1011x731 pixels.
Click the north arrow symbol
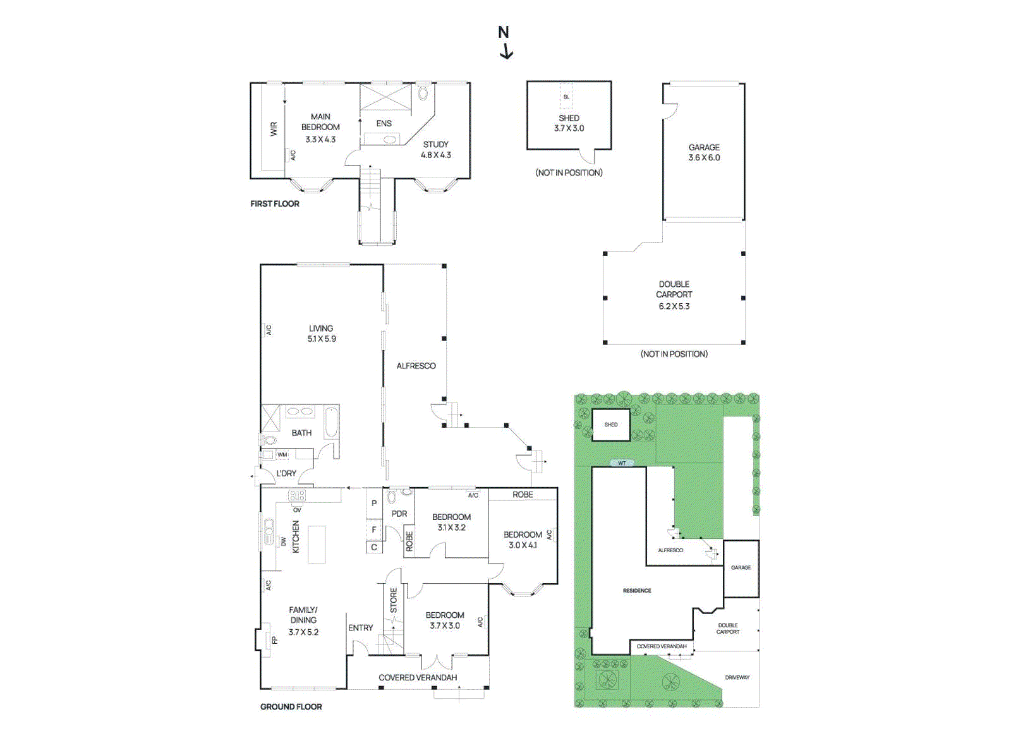point(505,42)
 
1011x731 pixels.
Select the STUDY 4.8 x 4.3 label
point(436,150)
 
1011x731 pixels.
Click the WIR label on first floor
point(274,129)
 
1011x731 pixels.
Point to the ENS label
point(384,124)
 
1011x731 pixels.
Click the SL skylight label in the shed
point(566,97)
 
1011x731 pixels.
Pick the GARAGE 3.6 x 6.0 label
point(704,152)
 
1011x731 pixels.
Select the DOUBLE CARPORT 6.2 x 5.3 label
point(674,295)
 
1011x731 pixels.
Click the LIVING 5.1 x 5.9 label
point(322,334)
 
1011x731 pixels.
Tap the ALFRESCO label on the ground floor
point(416,366)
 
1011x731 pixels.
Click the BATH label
point(301,433)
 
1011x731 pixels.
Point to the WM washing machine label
point(282,454)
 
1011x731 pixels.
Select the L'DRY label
point(286,473)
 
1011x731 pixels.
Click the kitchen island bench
point(317,544)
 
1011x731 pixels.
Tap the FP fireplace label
point(274,640)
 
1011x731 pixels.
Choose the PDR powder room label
point(399,514)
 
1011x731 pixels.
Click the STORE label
point(394,600)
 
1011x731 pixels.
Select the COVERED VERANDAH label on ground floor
point(418,677)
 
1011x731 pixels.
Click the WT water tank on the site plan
point(622,463)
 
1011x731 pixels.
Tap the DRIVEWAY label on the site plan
point(737,677)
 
